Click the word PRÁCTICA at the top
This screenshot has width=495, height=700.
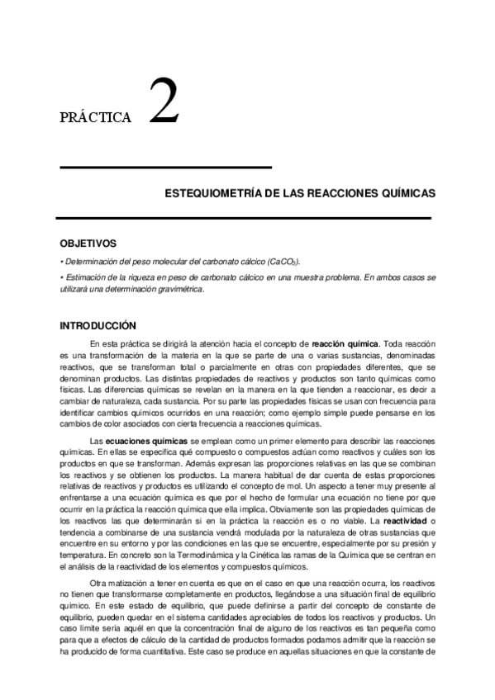(96, 118)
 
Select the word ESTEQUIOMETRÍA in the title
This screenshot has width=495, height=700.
(213, 192)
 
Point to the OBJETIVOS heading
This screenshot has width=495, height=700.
(88, 244)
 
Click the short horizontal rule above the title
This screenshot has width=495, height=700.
(166, 168)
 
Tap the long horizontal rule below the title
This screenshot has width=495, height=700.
(244, 218)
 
